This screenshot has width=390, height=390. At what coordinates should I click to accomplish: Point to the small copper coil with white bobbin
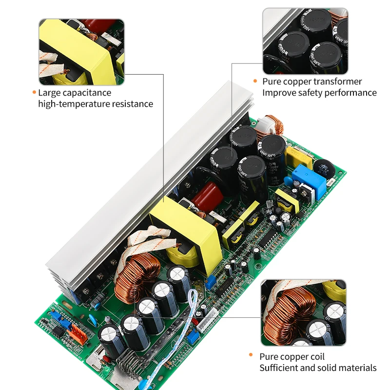pos(271,126)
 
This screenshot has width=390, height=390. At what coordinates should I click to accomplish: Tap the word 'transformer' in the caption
pos(337,81)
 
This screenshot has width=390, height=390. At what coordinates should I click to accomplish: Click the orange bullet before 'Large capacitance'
pos(34,92)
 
